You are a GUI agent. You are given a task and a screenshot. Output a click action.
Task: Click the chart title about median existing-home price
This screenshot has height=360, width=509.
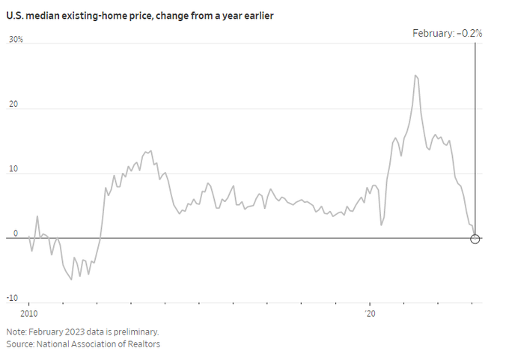[139, 15]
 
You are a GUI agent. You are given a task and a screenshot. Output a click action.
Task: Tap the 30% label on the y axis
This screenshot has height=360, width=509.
[16, 39]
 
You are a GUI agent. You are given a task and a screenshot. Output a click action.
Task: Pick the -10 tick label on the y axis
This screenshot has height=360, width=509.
[14, 299]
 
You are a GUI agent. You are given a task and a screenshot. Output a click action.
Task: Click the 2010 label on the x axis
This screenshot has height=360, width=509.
[28, 314]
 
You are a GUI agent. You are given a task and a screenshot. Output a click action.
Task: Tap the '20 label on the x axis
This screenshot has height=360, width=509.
[368, 314]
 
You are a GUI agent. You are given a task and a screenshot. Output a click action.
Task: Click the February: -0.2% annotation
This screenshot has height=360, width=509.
[448, 32]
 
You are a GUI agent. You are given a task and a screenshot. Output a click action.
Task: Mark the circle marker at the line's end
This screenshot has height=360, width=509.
[475, 239]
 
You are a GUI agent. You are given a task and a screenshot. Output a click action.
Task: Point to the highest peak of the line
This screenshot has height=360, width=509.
[415, 75]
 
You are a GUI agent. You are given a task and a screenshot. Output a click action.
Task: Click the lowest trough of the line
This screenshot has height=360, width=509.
[71, 279]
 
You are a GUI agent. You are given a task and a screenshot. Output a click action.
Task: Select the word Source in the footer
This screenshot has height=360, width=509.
[20, 344]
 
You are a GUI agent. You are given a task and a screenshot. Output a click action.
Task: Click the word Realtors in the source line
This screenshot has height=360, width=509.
[144, 344]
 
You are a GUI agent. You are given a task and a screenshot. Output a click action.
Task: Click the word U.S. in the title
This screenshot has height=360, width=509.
[16, 15]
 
